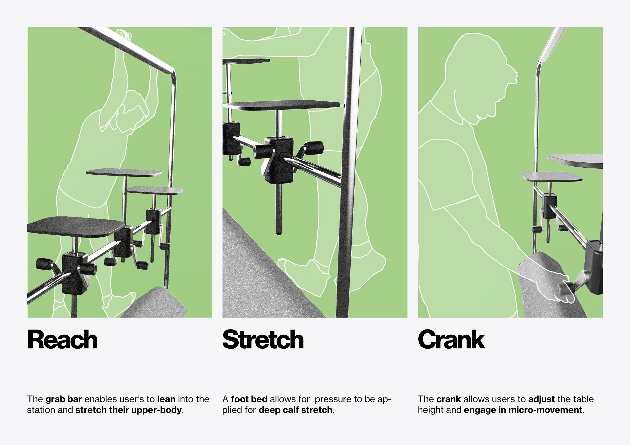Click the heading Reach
pos(62,340)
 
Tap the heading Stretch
pos(263,340)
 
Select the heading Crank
pos(451,340)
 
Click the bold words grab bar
pos(64,399)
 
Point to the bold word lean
pos(166,399)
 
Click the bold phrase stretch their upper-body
pos(129,410)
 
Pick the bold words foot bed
pos(249,399)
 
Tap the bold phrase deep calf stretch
pos(296,410)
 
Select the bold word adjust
pos(541,399)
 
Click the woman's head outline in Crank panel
pos(480,80)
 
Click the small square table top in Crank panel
pos(552,176)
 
